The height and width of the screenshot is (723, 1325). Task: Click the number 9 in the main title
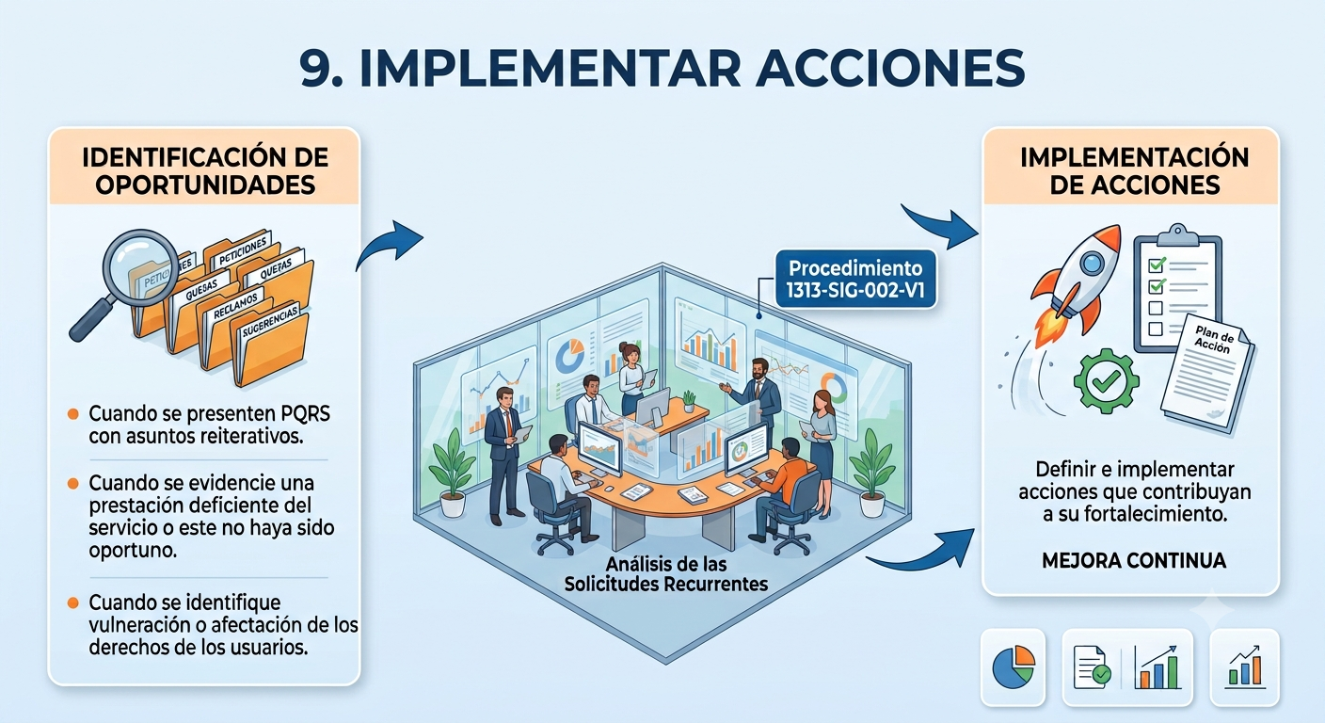pos(319,69)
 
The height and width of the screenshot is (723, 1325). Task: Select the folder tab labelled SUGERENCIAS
pos(270,322)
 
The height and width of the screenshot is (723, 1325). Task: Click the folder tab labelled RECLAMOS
pos(235,305)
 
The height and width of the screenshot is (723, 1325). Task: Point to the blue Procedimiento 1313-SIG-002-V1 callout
pos(856,279)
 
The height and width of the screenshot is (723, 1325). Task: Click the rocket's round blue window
pos(1092,262)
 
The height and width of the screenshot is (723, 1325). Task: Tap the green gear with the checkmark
pos(1106,380)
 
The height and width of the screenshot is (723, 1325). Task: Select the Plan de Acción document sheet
pos(1206,373)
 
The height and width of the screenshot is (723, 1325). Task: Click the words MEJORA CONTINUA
pos(1134,560)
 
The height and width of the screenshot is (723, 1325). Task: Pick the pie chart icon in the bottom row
pos(1014,667)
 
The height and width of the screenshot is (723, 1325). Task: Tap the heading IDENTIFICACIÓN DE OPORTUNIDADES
pos(204,171)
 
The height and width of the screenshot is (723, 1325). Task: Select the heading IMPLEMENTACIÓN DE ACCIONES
pos(1134,171)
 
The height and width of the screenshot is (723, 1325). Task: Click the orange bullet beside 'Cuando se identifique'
pos(73,602)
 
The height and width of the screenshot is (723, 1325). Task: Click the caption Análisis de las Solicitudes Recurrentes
pos(666,574)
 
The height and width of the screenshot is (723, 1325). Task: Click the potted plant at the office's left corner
pos(453,474)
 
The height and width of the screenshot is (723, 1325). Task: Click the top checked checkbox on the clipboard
pos(1157,265)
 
